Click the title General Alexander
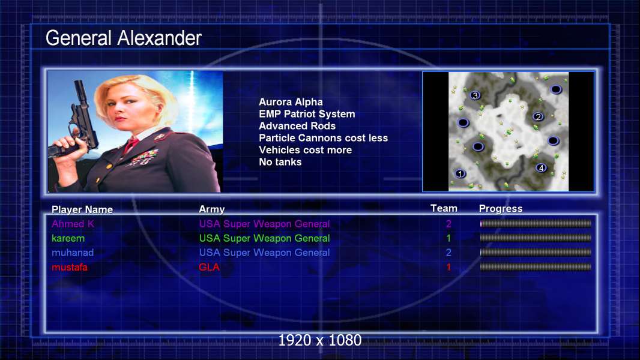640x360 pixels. [x=123, y=38]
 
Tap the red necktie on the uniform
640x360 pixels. [x=131, y=145]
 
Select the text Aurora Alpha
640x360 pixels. [x=291, y=102]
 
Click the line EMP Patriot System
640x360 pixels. [x=307, y=114]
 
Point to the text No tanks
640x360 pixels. [x=280, y=162]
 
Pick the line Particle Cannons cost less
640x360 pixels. [x=323, y=138]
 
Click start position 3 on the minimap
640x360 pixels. [x=475, y=95]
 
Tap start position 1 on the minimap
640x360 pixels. [x=460, y=173]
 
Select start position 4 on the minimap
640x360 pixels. [x=541, y=167]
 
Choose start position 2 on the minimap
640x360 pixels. [x=538, y=117]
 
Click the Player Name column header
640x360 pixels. [x=82, y=209]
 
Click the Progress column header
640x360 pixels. [x=501, y=209]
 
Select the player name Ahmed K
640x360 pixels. [x=73, y=224]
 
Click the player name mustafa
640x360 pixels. [x=70, y=268]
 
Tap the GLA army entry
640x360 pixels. [x=209, y=268]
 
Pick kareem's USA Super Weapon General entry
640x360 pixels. [x=265, y=239]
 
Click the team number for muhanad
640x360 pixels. [x=448, y=253]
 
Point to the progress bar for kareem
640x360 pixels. [x=536, y=238]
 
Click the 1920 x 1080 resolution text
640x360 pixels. [x=320, y=340]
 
